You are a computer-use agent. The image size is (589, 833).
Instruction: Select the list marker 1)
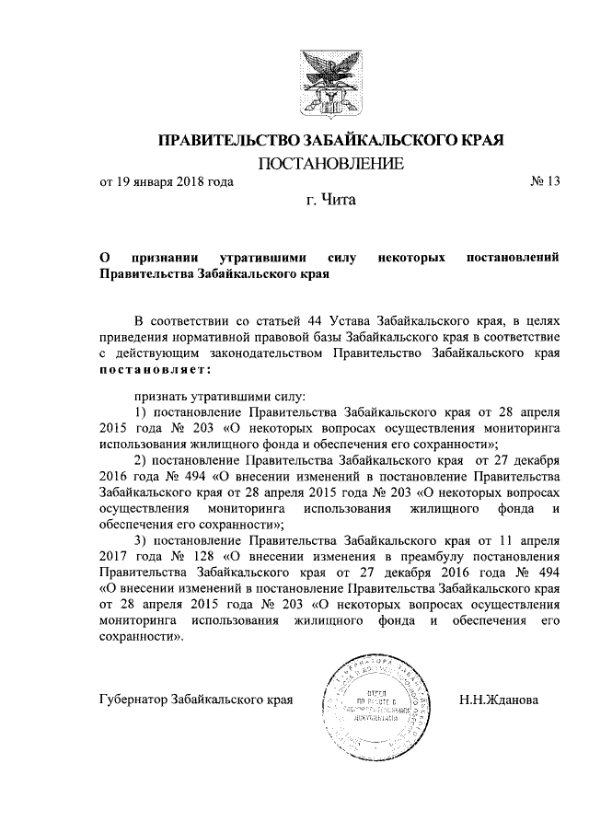coord(141,411)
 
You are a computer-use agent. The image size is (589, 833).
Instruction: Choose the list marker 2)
coord(141,459)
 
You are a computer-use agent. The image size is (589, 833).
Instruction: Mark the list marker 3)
coord(141,539)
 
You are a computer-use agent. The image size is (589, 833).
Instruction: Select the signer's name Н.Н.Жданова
coord(498,700)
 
